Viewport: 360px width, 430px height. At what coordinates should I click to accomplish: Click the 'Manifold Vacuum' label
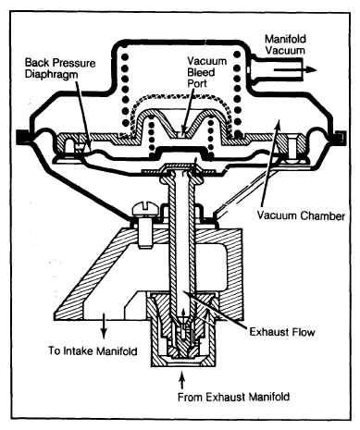[x=285, y=44]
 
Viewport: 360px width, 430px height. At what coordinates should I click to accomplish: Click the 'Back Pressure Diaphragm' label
[x=60, y=68]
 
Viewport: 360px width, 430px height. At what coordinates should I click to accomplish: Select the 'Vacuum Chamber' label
[x=301, y=215]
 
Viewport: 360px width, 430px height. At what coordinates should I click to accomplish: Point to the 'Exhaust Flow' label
[x=282, y=332]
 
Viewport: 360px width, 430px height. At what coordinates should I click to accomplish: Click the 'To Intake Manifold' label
[x=93, y=350]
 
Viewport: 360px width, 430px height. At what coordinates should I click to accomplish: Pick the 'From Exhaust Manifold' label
[x=233, y=397]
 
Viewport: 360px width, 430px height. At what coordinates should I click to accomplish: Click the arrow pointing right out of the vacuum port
[x=295, y=69]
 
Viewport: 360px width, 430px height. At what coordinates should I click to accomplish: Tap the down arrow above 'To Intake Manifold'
[x=104, y=326]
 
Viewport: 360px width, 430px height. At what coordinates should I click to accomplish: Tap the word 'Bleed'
[x=201, y=72]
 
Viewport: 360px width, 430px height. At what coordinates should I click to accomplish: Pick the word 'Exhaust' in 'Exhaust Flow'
[x=269, y=332]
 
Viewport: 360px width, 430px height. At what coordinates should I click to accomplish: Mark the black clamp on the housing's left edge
[x=22, y=136]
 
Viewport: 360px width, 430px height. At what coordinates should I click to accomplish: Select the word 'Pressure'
[x=73, y=63]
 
